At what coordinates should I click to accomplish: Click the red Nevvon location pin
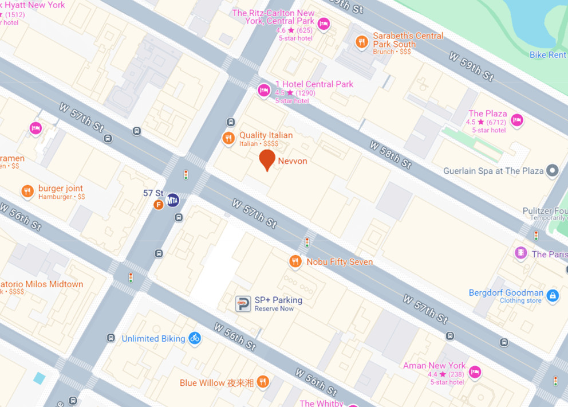tap(267, 160)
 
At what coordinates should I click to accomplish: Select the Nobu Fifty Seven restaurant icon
tap(295, 261)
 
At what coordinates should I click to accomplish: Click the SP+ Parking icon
tap(243, 304)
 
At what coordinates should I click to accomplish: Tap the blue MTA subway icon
tap(173, 201)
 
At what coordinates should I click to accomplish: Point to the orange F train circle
tap(159, 205)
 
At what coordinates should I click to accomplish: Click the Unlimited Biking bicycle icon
tap(195, 338)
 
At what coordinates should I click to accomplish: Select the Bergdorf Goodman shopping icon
tap(553, 296)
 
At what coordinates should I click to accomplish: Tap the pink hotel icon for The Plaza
tap(517, 120)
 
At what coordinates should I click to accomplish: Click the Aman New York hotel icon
tap(475, 373)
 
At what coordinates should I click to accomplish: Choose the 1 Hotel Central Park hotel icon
tap(263, 91)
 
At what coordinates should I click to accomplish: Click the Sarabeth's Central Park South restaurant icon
tap(361, 41)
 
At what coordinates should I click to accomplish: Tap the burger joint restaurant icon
tap(27, 191)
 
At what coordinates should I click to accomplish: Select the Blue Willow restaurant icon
tap(263, 382)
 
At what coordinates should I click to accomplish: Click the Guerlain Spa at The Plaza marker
tap(553, 170)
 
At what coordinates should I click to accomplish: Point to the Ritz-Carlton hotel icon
tap(324, 24)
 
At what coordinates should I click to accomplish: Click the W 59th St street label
tap(471, 66)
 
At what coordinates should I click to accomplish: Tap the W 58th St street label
tap(390, 155)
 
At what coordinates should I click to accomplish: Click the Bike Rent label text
tap(548, 55)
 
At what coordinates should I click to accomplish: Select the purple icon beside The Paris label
tap(520, 253)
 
